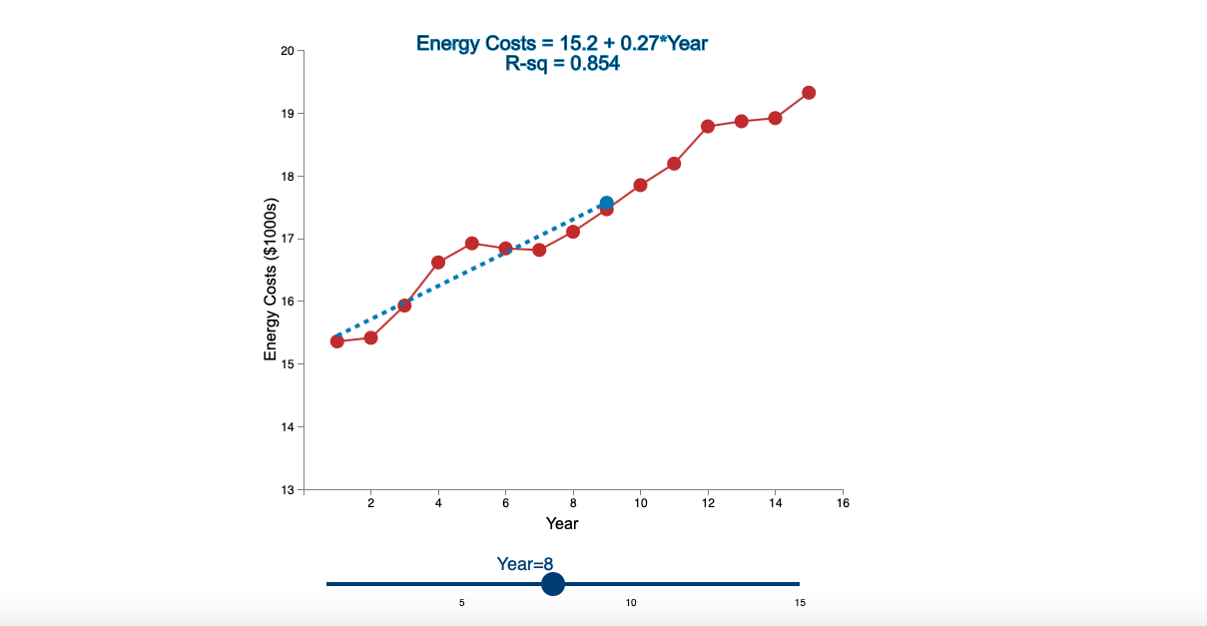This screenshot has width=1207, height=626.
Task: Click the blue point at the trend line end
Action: click(x=606, y=203)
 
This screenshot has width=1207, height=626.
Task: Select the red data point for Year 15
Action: click(x=809, y=93)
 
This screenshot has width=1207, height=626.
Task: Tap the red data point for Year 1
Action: click(x=337, y=341)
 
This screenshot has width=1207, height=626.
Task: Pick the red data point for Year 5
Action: click(x=472, y=244)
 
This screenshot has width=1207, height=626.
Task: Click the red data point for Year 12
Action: click(x=708, y=126)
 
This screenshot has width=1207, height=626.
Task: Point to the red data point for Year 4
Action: click(x=438, y=263)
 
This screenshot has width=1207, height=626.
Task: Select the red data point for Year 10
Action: click(x=640, y=185)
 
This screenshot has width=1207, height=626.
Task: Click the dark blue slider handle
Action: click(x=553, y=584)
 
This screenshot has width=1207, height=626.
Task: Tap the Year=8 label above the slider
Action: click(x=525, y=564)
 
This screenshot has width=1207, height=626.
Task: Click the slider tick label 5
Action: click(x=462, y=603)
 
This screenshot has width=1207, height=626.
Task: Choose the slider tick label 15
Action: click(x=800, y=603)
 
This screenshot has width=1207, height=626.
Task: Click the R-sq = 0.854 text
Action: click(x=562, y=64)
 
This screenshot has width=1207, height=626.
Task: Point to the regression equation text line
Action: click(x=562, y=43)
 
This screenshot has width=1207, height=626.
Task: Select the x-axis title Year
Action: click(x=562, y=523)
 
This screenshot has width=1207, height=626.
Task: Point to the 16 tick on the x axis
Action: click(x=843, y=504)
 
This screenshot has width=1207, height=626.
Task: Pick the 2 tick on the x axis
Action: click(x=371, y=504)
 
